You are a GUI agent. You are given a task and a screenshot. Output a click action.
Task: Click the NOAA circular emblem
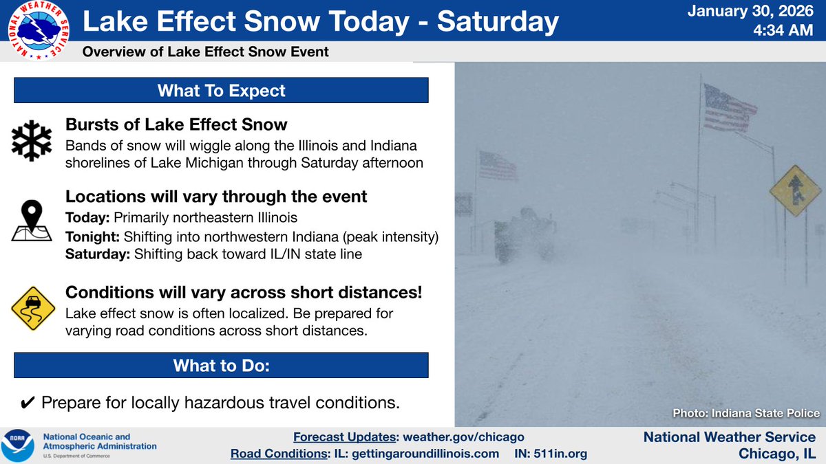tap(19, 445)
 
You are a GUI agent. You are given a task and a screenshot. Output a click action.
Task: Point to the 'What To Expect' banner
tap(221, 90)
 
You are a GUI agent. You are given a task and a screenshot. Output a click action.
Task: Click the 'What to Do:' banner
tap(221, 366)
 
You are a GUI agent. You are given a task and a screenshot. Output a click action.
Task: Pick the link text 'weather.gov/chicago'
tap(468, 437)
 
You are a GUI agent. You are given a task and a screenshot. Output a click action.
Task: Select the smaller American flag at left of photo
tap(497, 166)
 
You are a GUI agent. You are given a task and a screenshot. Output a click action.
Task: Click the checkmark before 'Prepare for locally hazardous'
tap(26, 402)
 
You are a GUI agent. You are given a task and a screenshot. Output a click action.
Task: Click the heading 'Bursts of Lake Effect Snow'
tap(176, 124)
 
